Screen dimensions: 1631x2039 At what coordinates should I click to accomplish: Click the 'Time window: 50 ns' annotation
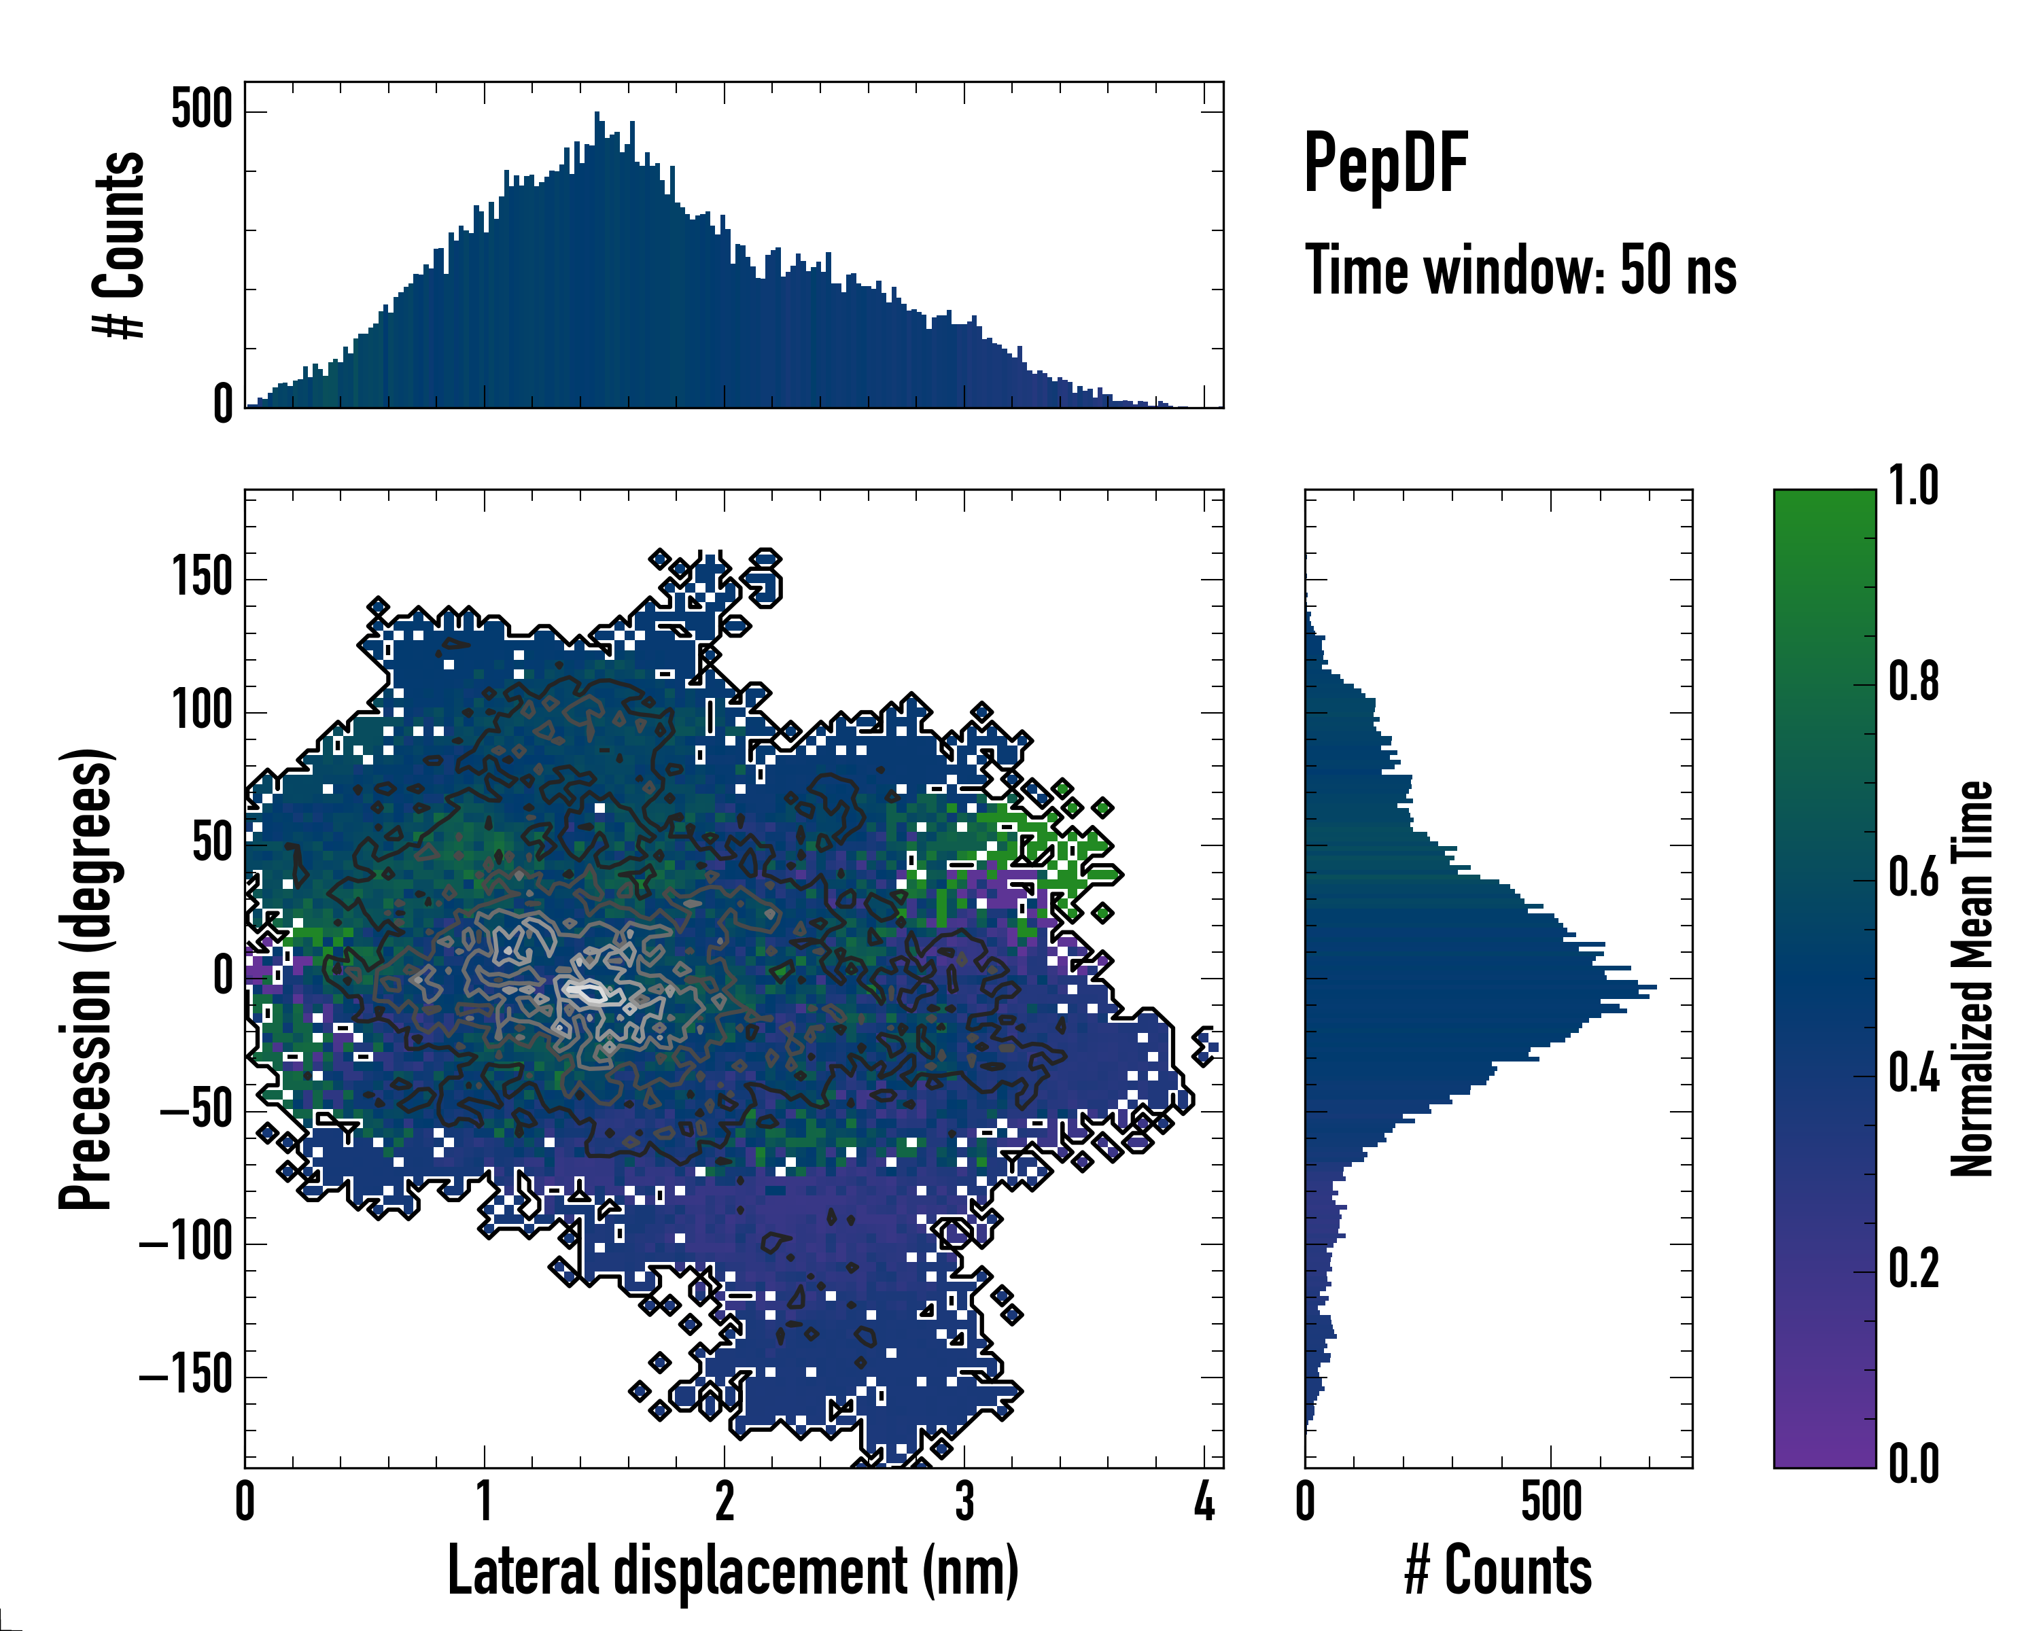coord(1520,271)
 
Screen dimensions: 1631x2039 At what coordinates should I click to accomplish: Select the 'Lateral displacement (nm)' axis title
coord(733,1571)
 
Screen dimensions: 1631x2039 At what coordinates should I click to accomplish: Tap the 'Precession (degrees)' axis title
coord(87,979)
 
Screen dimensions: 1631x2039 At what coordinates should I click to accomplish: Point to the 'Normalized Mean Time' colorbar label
coord(1971,979)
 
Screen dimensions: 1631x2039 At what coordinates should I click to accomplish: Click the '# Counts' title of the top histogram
coord(119,245)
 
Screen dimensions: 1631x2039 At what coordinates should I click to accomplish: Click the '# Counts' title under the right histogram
coord(1498,1571)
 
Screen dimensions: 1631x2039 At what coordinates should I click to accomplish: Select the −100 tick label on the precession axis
coord(186,1244)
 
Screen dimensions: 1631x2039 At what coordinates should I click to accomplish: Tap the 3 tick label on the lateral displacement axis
coord(964,1501)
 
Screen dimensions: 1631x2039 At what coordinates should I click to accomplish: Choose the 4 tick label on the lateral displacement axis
coord(1203,1501)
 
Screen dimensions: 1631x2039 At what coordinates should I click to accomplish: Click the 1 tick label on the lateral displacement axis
coord(484,1501)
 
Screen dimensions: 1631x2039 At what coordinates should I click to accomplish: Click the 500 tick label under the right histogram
coord(1551,1501)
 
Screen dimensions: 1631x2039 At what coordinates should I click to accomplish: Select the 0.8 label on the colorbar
coord(1913,683)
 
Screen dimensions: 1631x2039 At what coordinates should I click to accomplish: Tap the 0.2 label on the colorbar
coord(1913,1269)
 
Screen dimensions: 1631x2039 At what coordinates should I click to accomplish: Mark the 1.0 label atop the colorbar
coord(1913,487)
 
